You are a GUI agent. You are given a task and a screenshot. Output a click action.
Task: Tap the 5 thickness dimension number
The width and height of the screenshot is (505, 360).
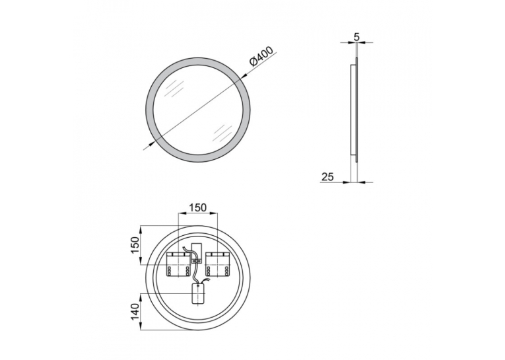356,37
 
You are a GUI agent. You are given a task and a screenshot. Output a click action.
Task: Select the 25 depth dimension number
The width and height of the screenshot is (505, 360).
327,176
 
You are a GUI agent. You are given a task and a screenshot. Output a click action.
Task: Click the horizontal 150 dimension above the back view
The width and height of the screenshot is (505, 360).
197,207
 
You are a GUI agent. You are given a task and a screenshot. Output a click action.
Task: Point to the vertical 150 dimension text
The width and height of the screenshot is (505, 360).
135,245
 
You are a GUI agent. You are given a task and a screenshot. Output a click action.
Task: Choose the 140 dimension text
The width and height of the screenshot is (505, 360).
135,311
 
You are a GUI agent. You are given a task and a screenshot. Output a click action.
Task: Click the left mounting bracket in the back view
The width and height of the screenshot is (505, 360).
178,264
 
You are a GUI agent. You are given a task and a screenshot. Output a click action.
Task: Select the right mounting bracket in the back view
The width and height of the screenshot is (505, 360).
218,264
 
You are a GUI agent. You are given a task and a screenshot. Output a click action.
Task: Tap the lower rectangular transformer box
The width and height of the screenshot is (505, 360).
199,293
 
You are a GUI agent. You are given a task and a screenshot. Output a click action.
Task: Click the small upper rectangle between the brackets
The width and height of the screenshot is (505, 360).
197,251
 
